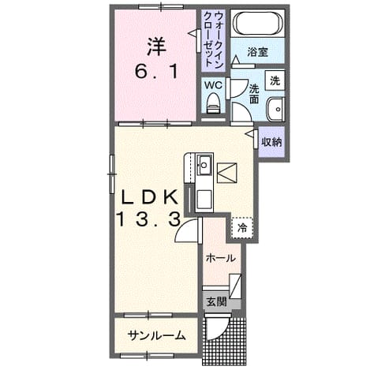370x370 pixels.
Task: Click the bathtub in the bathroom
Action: [258, 23]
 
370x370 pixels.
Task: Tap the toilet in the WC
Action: [213, 103]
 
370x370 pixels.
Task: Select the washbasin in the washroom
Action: [275, 109]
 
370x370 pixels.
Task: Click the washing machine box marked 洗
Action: [275, 80]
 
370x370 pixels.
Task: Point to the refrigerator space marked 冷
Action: [242, 228]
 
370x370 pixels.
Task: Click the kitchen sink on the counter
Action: [204, 165]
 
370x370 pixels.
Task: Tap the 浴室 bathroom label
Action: [257, 52]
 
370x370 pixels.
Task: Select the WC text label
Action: [213, 85]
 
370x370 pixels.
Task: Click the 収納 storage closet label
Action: [271, 142]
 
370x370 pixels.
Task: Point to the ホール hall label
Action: [220, 258]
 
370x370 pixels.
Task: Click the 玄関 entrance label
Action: [216, 301]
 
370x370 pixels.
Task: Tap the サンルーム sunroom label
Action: [157, 335]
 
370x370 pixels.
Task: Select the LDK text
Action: [149, 198]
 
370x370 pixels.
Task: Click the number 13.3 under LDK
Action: [148, 219]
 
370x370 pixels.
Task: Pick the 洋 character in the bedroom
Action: [156, 47]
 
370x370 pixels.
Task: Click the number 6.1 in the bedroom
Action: [156, 71]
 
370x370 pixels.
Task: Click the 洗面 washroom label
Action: [254, 94]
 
